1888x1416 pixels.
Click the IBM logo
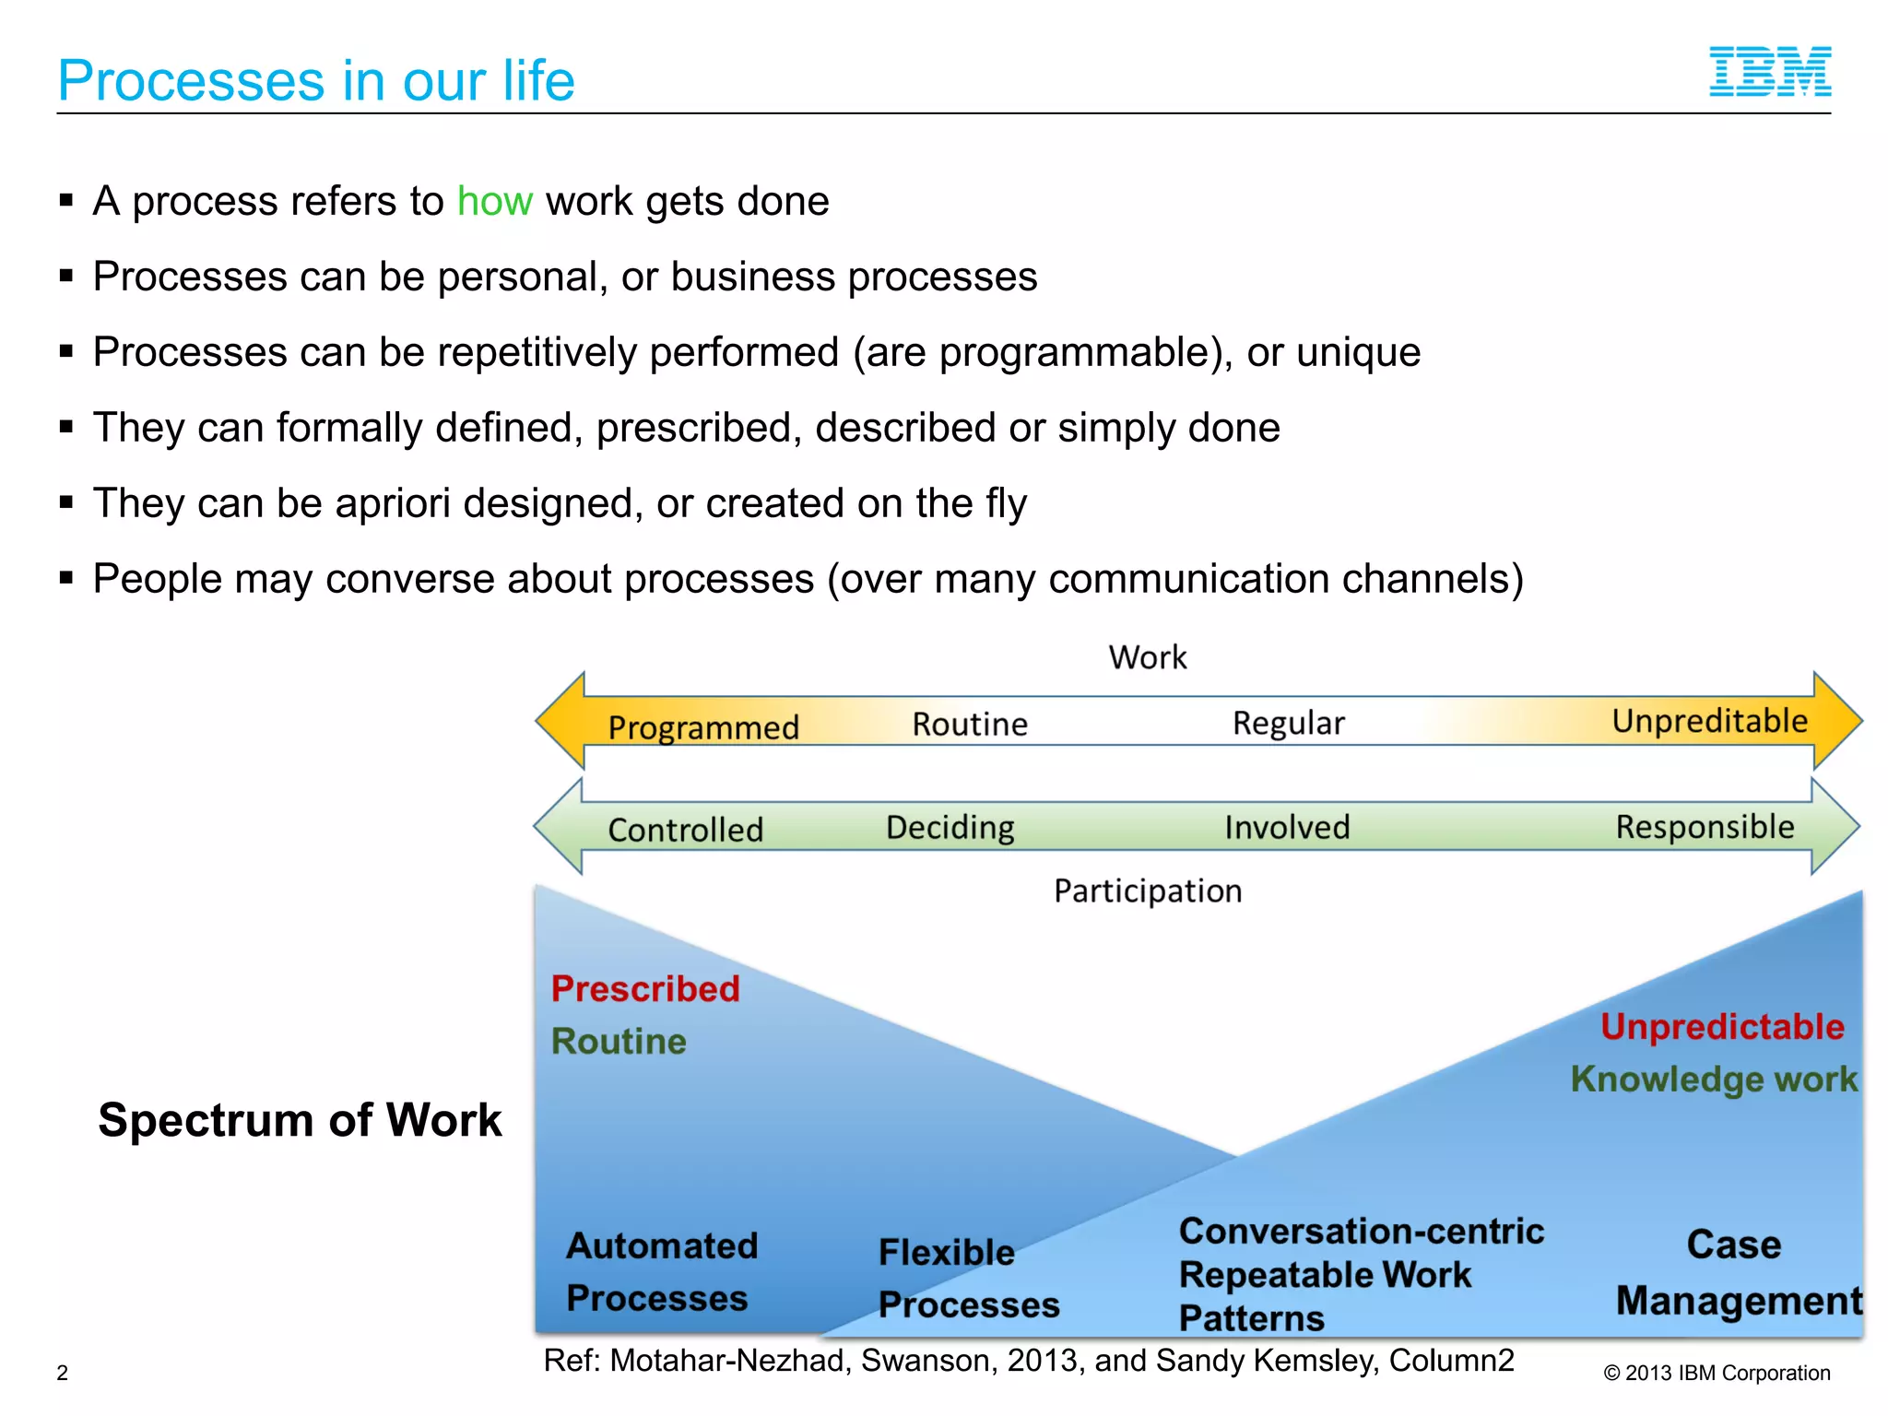(1769, 72)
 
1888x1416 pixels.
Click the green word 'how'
(494, 201)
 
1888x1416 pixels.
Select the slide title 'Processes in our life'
(316, 80)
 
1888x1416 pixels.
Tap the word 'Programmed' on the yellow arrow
(703, 727)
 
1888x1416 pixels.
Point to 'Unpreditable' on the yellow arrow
(1709, 721)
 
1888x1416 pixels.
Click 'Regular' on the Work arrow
(1288, 723)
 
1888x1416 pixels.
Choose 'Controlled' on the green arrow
(685, 830)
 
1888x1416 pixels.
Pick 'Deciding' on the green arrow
(950, 827)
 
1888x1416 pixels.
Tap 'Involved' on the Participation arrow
(1286, 827)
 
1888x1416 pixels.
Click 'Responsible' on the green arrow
(1705, 827)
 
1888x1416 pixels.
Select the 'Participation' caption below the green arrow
(1148, 891)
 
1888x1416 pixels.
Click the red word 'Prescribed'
(645, 989)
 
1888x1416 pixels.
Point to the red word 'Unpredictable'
(1722, 1027)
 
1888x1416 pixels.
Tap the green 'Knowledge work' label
(1714, 1079)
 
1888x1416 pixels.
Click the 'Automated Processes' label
(661, 1271)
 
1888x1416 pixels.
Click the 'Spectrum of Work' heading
(300, 1120)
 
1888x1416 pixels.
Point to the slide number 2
(63, 1373)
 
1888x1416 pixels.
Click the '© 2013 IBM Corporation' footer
(1717, 1373)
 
